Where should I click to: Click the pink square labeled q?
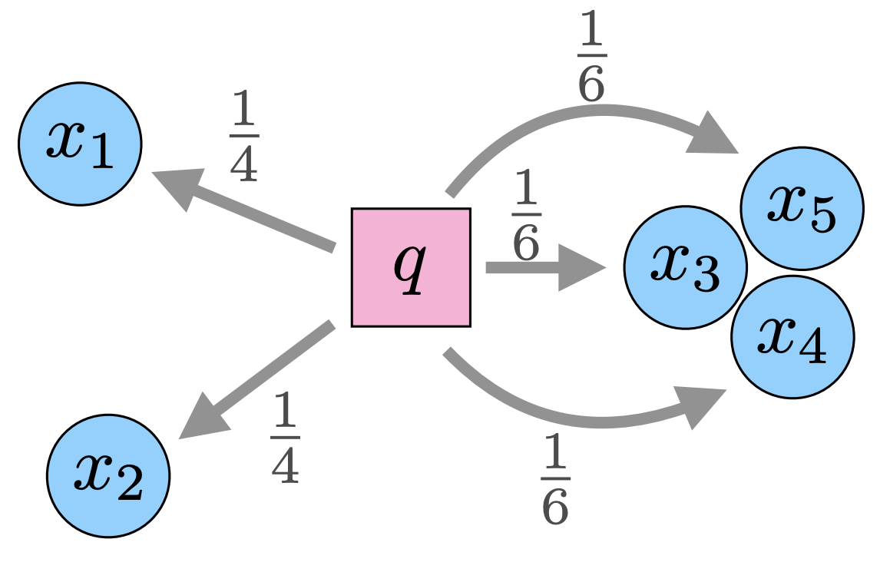click(x=411, y=267)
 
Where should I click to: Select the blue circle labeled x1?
click(x=80, y=144)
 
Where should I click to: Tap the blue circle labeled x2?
click(x=108, y=476)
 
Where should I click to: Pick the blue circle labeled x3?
click(x=685, y=267)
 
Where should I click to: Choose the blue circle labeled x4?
click(x=792, y=336)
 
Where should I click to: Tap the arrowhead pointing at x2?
click(x=201, y=420)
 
